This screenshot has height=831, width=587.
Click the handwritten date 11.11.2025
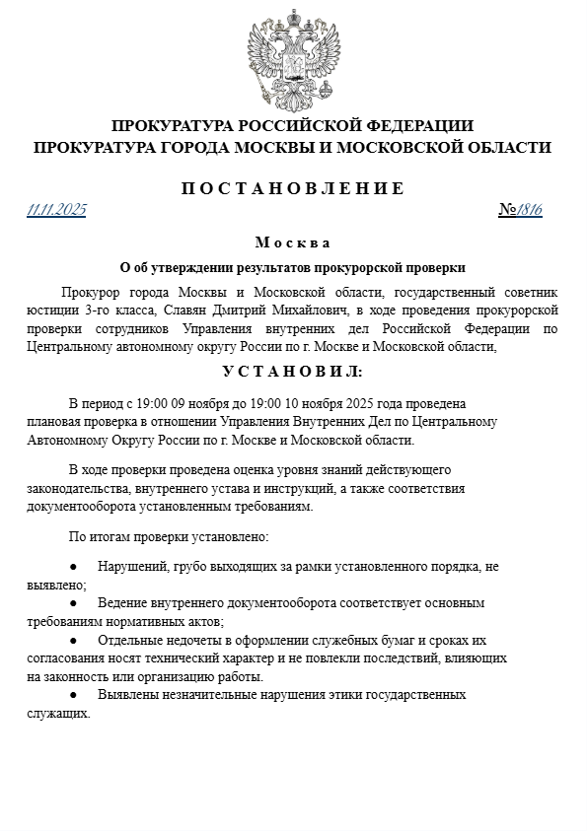pos(57,209)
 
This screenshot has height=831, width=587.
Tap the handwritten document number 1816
pos(531,209)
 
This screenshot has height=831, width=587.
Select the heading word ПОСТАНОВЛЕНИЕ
pos(293,188)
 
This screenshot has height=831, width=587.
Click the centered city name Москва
pos(292,242)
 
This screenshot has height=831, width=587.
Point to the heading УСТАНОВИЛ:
pos(292,372)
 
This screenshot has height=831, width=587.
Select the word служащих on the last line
pos(56,713)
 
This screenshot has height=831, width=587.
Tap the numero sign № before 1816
pos(509,209)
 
